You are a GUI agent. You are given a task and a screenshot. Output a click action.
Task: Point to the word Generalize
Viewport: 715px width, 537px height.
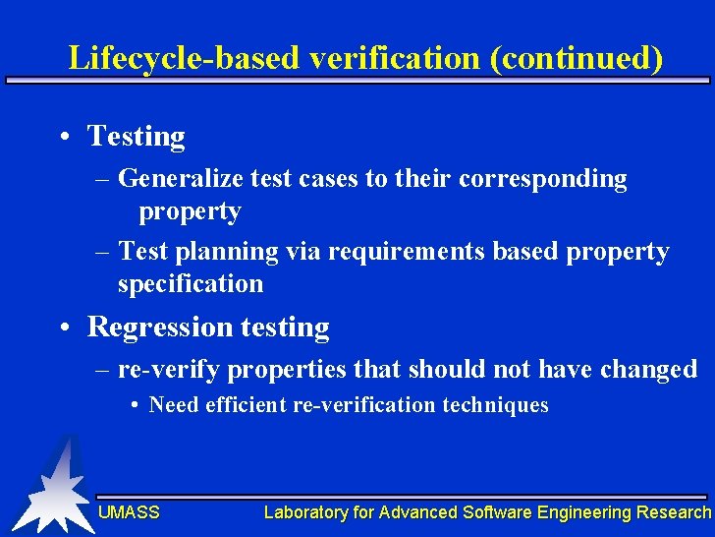coord(180,179)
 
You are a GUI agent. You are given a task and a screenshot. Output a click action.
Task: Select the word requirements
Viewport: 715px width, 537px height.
coord(407,252)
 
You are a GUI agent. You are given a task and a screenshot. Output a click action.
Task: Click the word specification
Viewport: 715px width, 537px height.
coord(191,284)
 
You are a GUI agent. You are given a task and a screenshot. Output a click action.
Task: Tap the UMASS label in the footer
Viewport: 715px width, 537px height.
coord(129,512)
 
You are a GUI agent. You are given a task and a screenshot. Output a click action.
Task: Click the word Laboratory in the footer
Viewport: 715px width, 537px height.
coord(305,512)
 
